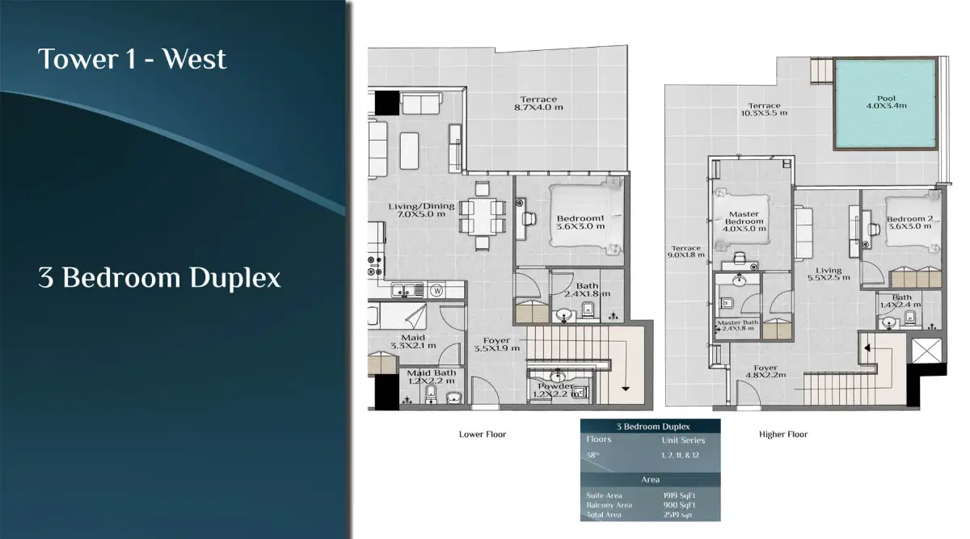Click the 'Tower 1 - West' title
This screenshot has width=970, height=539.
click(x=132, y=59)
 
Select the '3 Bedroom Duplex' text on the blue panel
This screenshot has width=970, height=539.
click(x=159, y=278)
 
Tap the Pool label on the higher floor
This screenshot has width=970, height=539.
click(x=886, y=100)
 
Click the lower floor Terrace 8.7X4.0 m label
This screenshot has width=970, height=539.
click(x=540, y=103)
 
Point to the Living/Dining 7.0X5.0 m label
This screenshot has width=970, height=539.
click(x=421, y=211)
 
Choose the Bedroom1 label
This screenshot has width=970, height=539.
click(x=580, y=223)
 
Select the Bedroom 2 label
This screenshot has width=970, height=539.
click(x=909, y=223)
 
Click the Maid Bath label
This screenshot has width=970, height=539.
click(x=431, y=377)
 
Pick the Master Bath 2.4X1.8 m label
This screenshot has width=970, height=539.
click(x=737, y=326)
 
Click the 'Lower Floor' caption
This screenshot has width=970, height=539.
click(x=483, y=435)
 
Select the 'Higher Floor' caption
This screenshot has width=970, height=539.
click(x=782, y=435)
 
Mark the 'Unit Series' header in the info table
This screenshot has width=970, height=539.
click(x=683, y=440)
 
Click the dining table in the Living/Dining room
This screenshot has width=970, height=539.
click(x=483, y=215)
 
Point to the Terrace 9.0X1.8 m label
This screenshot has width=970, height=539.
click(x=685, y=252)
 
